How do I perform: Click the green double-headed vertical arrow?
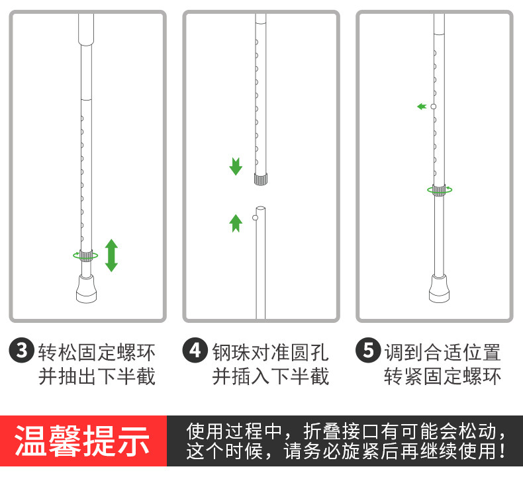point(111,255)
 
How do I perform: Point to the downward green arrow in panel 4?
point(236,166)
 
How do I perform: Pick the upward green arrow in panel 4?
point(236,222)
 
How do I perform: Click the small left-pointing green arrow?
point(422,107)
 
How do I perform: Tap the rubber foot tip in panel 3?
point(86,286)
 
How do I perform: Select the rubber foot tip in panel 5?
point(438,286)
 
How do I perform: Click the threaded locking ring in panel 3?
point(85,255)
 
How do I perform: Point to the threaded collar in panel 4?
point(261,179)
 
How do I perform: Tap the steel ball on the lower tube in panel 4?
point(255,217)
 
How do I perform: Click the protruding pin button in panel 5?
point(433,107)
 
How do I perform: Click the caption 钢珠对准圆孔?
point(271,351)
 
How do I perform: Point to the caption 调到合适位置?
point(444,351)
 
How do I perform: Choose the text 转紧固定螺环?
point(444,376)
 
